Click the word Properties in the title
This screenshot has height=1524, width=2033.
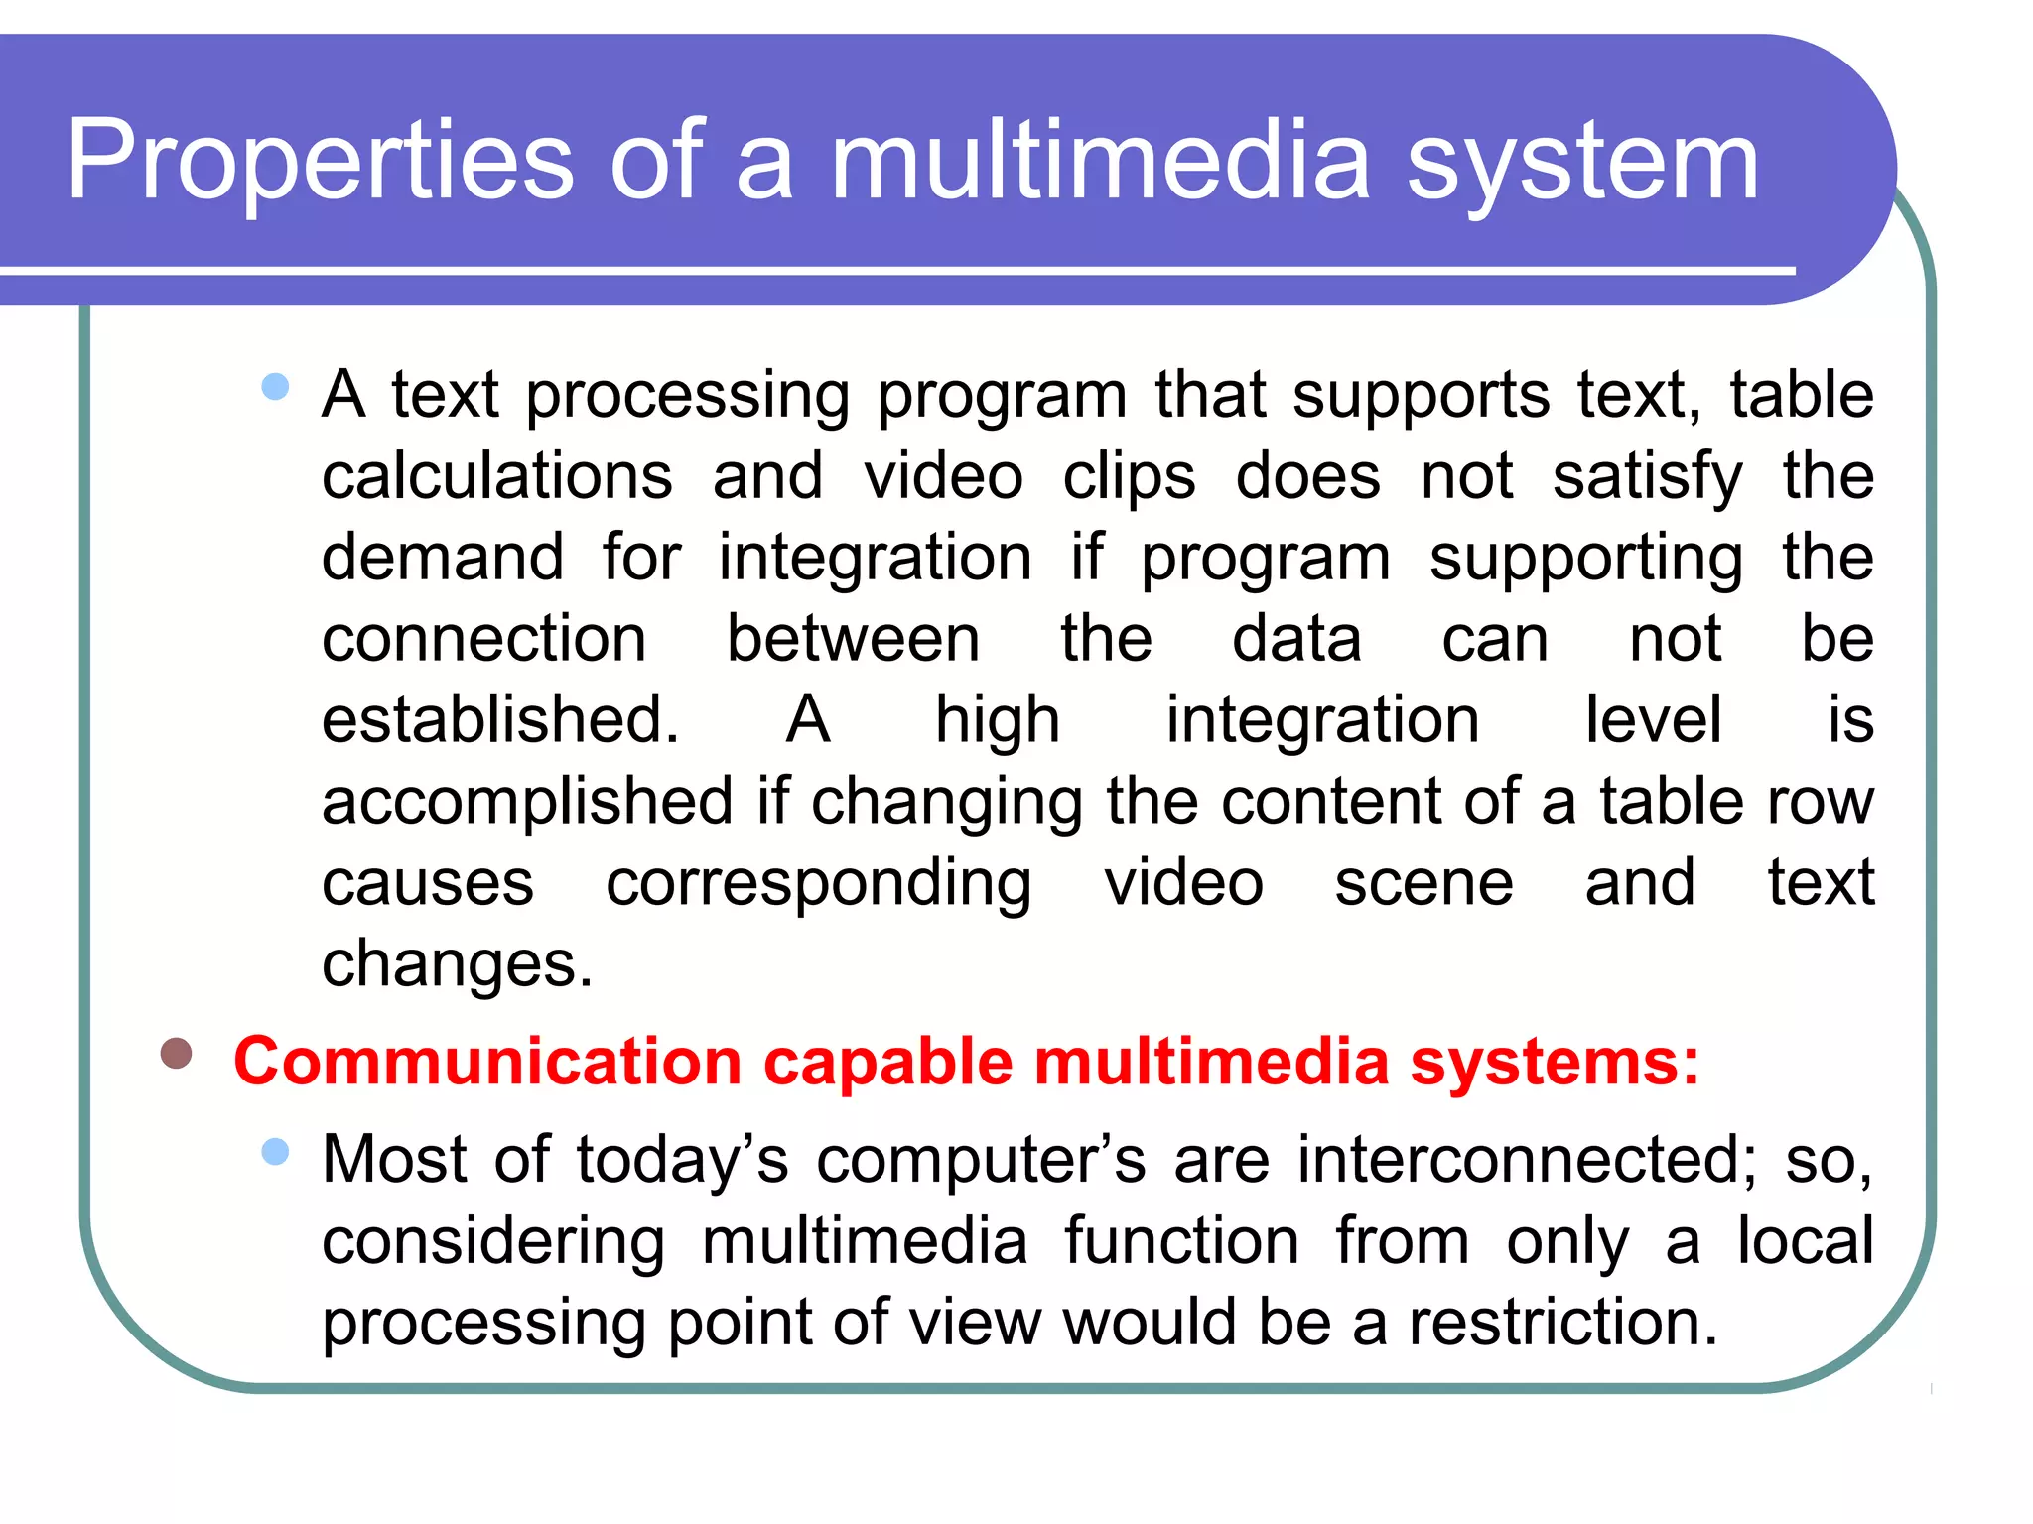pos(320,162)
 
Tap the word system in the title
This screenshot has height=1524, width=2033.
pos(1582,162)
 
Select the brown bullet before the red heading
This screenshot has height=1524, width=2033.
pos(177,1053)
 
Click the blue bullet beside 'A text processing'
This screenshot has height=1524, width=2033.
pos(275,386)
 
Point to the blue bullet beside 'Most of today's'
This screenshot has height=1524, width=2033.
pos(275,1151)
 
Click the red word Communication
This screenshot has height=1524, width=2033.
pos(487,1062)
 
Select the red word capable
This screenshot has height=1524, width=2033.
pos(887,1062)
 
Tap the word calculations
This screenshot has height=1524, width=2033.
pos(497,476)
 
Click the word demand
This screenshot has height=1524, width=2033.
pos(443,557)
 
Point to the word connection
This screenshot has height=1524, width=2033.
pos(483,638)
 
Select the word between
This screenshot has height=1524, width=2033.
pos(853,638)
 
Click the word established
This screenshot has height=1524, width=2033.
pos(499,719)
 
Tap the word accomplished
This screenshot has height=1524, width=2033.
pos(527,802)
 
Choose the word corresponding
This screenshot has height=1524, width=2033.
pos(818,884)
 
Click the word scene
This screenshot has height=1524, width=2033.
pos(1423,883)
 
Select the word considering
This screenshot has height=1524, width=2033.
pos(493,1242)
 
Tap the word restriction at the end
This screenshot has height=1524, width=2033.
pos(1562,1323)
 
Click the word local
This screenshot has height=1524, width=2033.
pos(1805,1240)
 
